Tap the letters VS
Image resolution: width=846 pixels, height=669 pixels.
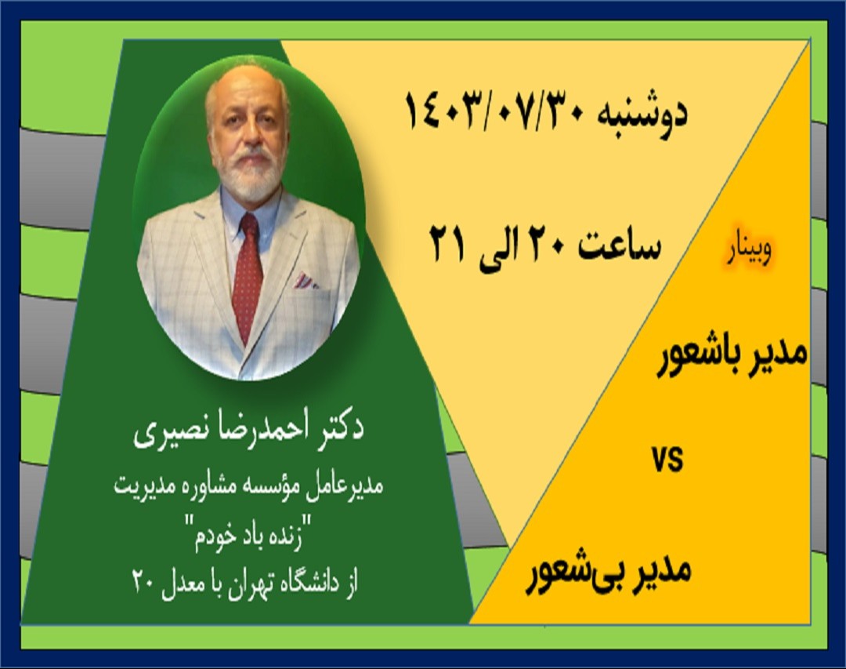[x=667, y=460]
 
